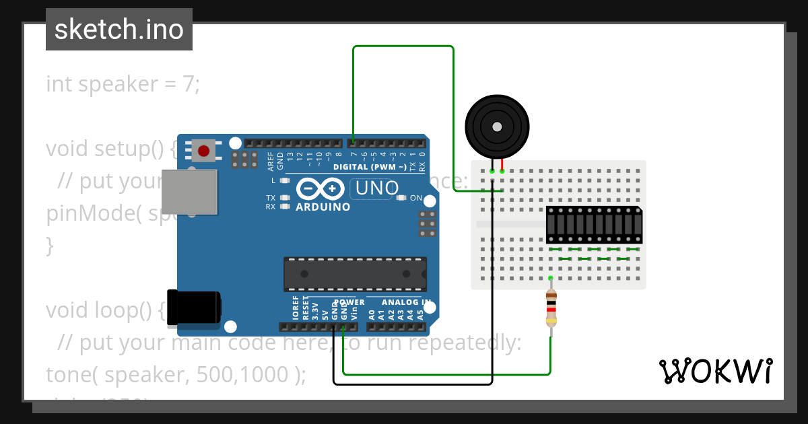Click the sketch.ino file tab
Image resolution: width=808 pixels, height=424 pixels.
pyautogui.click(x=119, y=30)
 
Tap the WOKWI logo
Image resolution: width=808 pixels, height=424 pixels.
pyautogui.click(x=715, y=371)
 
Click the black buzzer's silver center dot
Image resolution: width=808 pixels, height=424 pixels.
pyautogui.click(x=497, y=127)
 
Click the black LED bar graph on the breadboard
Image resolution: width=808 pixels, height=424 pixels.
pyautogui.click(x=593, y=225)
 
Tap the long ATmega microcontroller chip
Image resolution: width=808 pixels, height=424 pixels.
pyautogui.click(x=355, y=274)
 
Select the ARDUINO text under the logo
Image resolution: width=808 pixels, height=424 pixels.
pyautogui.click(x=323, y=207)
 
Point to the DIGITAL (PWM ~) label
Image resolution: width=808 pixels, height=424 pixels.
pyautogui.click(x=370, y=166)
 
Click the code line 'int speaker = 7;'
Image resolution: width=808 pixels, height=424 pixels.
pyautogui.click(x=123, y=85)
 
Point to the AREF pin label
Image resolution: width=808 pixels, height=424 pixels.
pyautogui.click(x=271, y=161)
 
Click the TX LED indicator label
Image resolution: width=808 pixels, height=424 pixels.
pyautogui.click(x=271, y=198)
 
